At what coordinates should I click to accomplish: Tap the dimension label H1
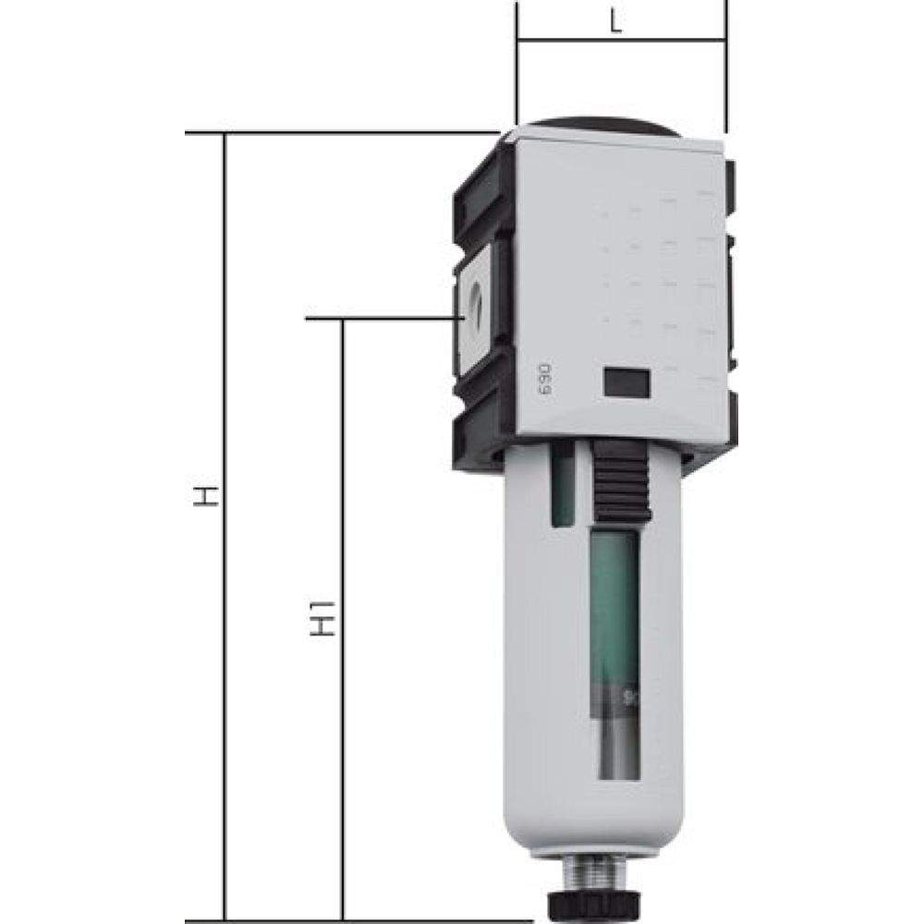[321, 618]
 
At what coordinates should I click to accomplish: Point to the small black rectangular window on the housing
[626, 381]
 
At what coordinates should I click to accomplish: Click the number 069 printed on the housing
[544, 379]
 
